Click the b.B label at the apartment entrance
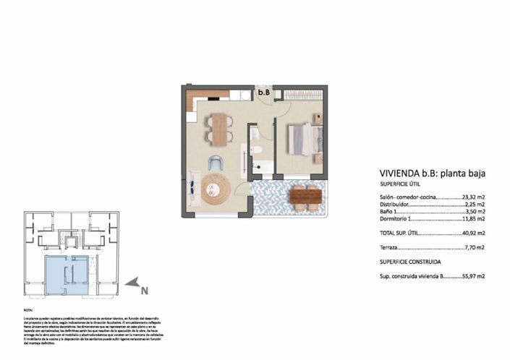click(x=264, y=93)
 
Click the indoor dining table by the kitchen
click(x=218, y=128)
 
